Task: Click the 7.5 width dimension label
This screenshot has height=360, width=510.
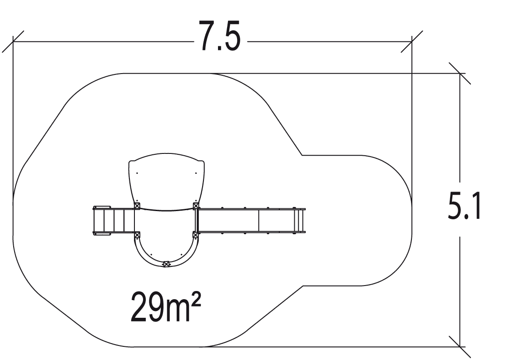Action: pyautogui.click(x=220, y=37)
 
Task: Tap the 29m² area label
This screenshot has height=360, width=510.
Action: pyautogui.click(x=166, y=306)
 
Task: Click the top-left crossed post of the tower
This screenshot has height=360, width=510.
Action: pyautogui.click(x=137, y=206)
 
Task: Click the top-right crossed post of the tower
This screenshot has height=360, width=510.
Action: pyautogui.click(x=196, y=206)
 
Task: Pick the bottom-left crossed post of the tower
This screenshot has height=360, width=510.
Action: pyautogui.click(x=137, y=235)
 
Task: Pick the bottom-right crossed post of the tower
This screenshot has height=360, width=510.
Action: pyautogui.click(x=196, y=235)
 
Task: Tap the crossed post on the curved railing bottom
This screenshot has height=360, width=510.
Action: pyautogui.click(x=166, y=264)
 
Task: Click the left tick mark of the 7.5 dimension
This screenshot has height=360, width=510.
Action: pyautogui.click(x=13, y=42)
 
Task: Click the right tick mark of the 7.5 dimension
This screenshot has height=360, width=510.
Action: pyautogui.click(x=411, y=42)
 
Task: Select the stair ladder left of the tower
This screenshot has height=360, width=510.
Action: pyautogui.click(x=114, y=221)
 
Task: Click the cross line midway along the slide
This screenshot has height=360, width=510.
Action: pyautogui.click(x=258, y=221)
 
